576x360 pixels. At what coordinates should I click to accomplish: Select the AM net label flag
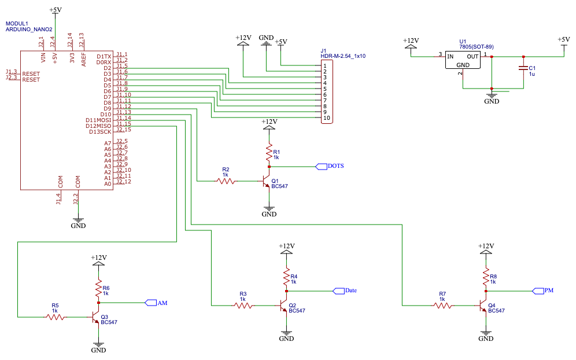151,302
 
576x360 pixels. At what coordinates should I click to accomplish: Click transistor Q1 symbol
265,182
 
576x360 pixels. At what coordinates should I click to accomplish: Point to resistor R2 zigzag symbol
226,181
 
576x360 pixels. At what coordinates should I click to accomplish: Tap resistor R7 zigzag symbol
442,305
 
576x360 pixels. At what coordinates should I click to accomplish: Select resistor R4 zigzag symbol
286,278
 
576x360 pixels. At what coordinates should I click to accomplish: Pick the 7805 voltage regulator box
463,59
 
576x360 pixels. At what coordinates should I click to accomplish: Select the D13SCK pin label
99,131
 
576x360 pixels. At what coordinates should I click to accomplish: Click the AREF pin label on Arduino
84,59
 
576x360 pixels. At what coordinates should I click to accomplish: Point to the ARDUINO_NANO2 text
29,29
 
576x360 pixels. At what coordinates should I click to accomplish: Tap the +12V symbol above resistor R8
486,248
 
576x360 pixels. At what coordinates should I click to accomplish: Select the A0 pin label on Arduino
107,183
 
